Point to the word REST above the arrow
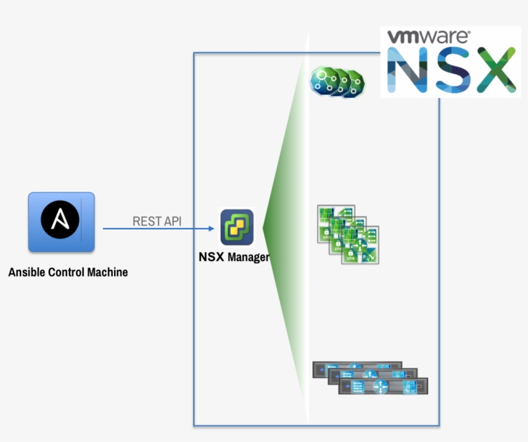click(x=146, y=221)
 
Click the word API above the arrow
click(x=172, y=221)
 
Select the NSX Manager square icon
click(x=237, y=227)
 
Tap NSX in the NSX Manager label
click(x=210, y=258)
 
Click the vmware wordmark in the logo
click(x=428, y=37)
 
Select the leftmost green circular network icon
click(x=323, y=80)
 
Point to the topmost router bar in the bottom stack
click(x=357, y=369)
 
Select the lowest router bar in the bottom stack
click(x=384, y=387)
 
